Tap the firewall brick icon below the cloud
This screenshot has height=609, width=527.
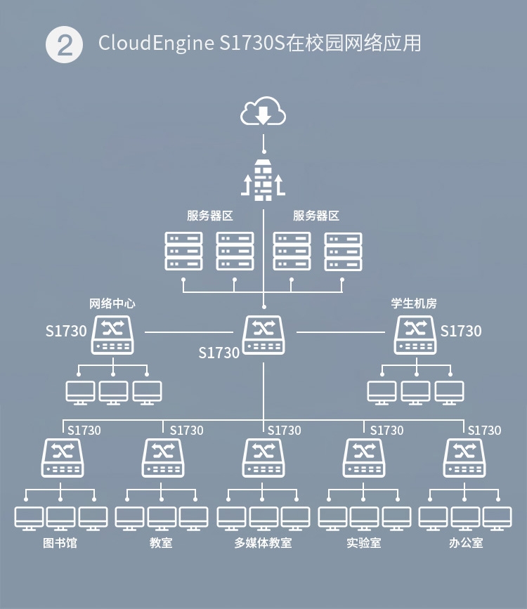tap(263, 180)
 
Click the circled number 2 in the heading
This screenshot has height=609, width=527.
tap(64, 45)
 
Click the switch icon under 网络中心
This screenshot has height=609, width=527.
tap(112, 334)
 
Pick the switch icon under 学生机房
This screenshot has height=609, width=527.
tap(415, 334)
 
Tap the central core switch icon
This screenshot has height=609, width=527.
tap(263, 334)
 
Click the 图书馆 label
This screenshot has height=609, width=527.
tap(60, 543)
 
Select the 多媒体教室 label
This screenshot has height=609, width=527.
tap(263, 543)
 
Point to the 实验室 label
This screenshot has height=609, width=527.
tap(364, 543)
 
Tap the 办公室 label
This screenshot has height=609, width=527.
tap(466, 543)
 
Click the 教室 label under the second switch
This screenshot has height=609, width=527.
tap(161, 543)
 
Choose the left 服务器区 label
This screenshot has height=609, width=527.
tap(209, 216)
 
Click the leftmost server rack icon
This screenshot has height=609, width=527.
tap(183, 251)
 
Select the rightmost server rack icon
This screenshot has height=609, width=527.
tap(343, 251)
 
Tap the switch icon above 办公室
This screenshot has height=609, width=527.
tap(464, 457)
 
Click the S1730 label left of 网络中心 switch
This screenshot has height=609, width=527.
tap(66, 331)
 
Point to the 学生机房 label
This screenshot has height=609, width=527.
tap(414, 304)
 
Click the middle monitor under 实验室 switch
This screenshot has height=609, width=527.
tap(364, 518)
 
